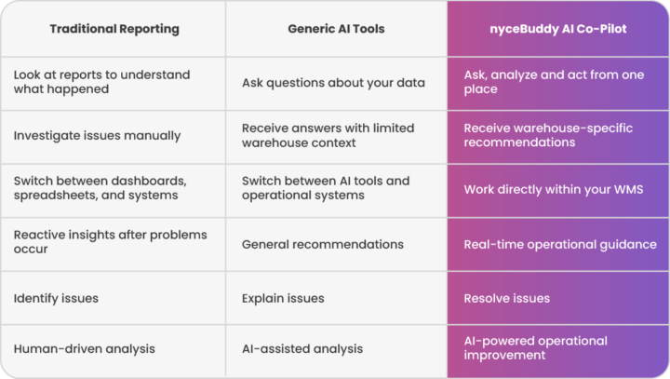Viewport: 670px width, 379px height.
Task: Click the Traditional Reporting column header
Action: pos(114,29)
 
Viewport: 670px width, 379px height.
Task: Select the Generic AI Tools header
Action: pos(336,29)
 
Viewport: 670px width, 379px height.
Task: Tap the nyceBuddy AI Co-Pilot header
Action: pos(558,29)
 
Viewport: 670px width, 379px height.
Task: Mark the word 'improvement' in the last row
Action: pos(504,355)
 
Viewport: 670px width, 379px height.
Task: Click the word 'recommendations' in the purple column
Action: pos(519,142)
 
